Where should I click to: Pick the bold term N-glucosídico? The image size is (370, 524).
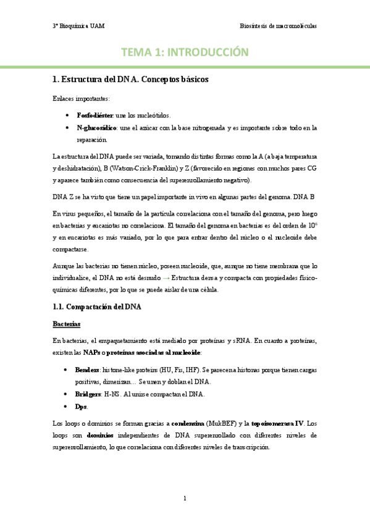tap(97, 128)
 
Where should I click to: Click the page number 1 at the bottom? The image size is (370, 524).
tap(185, 497)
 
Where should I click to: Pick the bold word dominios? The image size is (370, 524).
tap(100, 435)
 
